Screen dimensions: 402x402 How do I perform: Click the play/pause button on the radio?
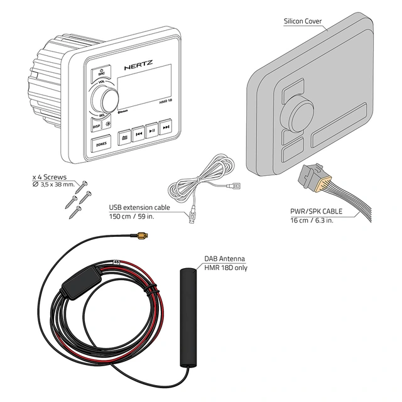[152, 131]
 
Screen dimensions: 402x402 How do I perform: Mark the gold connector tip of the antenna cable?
[141, 236]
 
